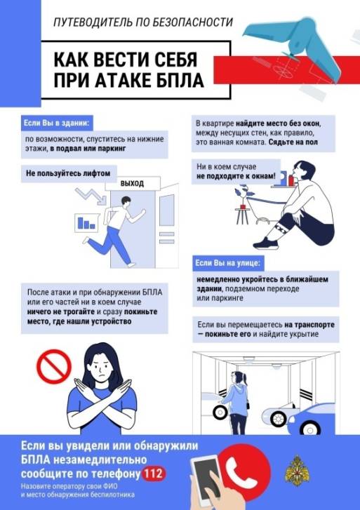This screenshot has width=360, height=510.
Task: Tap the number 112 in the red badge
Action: [x=153, y=474]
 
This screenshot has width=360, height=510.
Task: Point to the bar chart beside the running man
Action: [x=86, y=223]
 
